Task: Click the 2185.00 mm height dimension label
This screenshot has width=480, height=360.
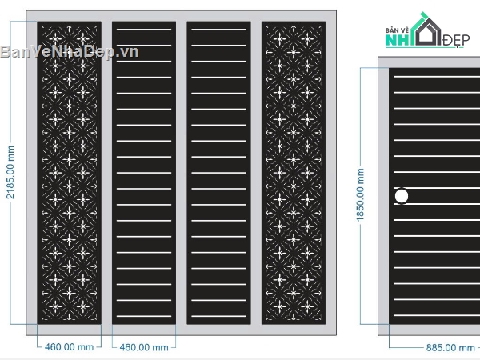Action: [10, 172]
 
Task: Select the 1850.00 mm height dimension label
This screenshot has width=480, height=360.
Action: [360, 194]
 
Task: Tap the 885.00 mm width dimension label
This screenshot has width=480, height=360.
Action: [450, 348]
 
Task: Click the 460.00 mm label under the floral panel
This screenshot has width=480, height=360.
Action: [69, 347]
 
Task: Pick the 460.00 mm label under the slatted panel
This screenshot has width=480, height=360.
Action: [144, 347]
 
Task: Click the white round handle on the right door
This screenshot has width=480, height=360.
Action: [402, 196]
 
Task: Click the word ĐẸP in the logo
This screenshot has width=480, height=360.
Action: [456, 40]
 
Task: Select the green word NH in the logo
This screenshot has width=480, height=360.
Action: [398, 41]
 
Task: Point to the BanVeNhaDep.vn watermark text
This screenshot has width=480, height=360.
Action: [70, 51]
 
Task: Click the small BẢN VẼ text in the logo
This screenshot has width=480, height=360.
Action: [397, 30]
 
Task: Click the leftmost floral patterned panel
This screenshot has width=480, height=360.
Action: [69, 173]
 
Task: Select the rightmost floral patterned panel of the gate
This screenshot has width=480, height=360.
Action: [294, 173]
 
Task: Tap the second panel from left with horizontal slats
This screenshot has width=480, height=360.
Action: [144, 173]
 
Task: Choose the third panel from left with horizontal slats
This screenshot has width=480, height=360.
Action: [219, 173]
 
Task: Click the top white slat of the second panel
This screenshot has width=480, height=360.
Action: [144, 30]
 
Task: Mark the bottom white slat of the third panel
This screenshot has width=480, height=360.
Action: [219, 316]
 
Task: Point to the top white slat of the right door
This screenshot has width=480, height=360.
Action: [437, 77]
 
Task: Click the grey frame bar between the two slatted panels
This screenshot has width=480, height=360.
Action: [182, 173]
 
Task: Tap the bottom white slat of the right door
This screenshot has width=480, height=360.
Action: [437, 315]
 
